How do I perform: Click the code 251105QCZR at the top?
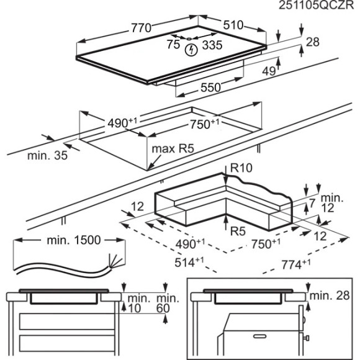pyautogui.click(x=316, y=6)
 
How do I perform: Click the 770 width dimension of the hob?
pyautogui.click(x=141, y=28)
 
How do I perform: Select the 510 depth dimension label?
pyautogui.click(x=233, y=25)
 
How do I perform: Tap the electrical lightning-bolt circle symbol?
pyautogui.click(x=191, y=50)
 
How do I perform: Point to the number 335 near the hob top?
pyautogui.click(x=212, y=45)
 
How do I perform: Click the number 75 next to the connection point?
pyautogui.click(x=173, y=44)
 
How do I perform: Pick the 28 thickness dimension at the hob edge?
pyautogui.click(x=312, y=42)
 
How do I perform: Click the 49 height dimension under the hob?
pyautogui.click(x=269, y=71)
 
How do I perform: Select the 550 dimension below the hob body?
pyautogui.click(x=210, y=88)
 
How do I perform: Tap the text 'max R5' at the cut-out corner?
pyautogui.click(x=173, y=149)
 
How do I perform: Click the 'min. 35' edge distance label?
pyautogui.click(x=48, y=155)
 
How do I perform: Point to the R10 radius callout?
pyautogui.click(x=241, y=168)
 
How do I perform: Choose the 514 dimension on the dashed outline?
pyautogui.click(x=189, y=262)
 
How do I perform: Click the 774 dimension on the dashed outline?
pyautogui.click(x=295, y=264)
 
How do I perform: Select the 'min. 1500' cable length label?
pyautogui.click(x=74, y=240)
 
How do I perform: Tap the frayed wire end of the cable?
pyautogui.click(x=115, y=262)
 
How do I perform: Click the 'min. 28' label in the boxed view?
pyautogui.click(x=330, y=295)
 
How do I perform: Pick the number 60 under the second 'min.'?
pyautogui.click(x=163, y=308)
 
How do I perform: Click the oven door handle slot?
pyautogui.click(x=259, y=336)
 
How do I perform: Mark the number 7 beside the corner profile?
pyautogui.click(x=312, y=204)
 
